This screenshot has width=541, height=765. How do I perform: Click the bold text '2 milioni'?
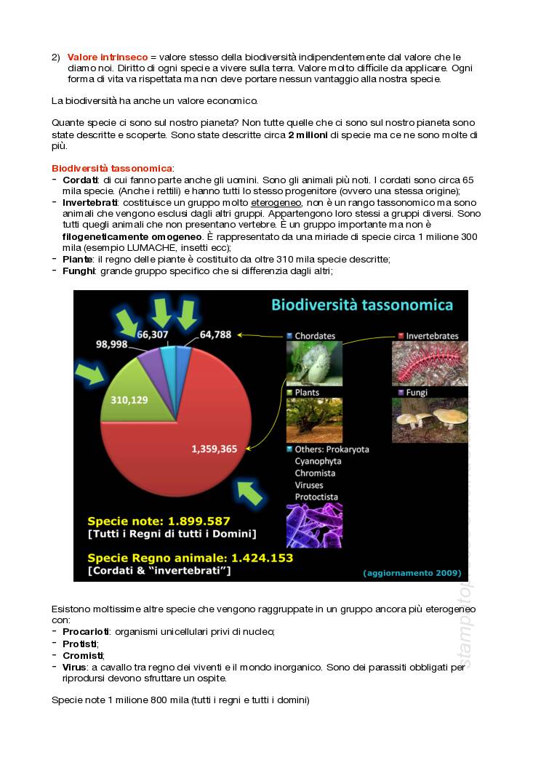click(x=308, y=135)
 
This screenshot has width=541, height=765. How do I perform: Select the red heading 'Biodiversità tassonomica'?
click(x=112, y=169)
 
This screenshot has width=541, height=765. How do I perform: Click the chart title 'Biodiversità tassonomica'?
click(x=362, y=305)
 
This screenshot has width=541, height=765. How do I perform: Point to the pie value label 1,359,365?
click(x=215, y=449)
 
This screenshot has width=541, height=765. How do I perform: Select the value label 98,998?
click(x=117, y=345)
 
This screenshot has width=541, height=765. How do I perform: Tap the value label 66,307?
click(x=153, y=335)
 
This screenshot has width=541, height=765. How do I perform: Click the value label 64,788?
click(x=215, y=335)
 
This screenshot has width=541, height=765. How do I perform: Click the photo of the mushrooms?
click(x=430, y=420)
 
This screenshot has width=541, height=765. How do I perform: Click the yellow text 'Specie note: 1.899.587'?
click(x=159, y=521)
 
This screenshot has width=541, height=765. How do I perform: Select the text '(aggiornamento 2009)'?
click(x=412, y=573)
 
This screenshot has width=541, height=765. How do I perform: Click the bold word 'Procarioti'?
click(x=86, y=632)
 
